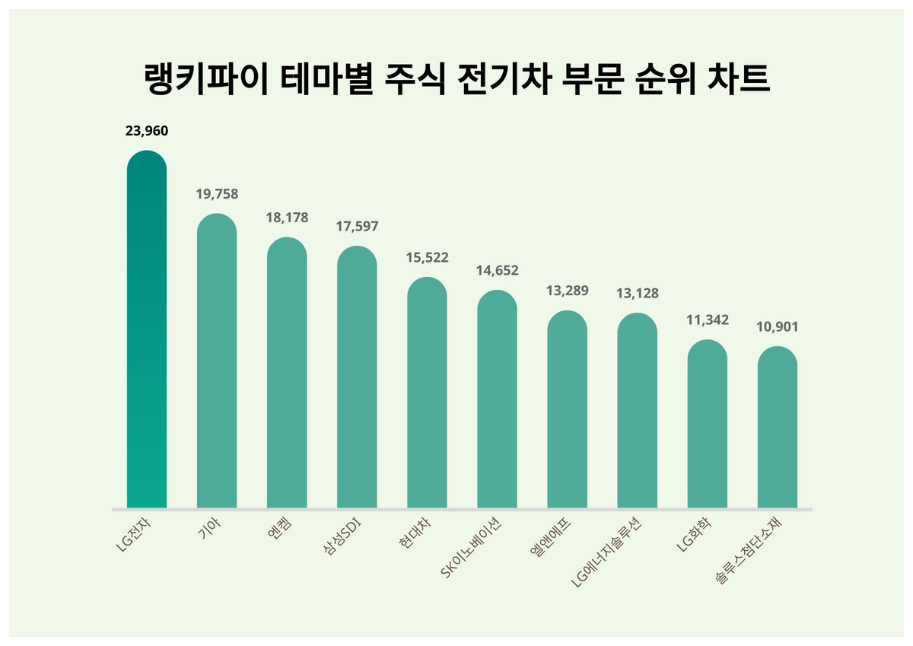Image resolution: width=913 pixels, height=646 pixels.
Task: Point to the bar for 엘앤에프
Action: click(x=567, y=411)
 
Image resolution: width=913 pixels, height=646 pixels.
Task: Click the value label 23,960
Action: click(x=146, y=131)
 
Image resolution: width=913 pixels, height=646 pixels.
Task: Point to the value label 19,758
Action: click(x=217, y=194)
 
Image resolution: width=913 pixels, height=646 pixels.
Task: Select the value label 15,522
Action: click(x=427, y=258)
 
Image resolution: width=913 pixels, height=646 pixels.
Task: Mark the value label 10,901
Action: click(x=777, y=327)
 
